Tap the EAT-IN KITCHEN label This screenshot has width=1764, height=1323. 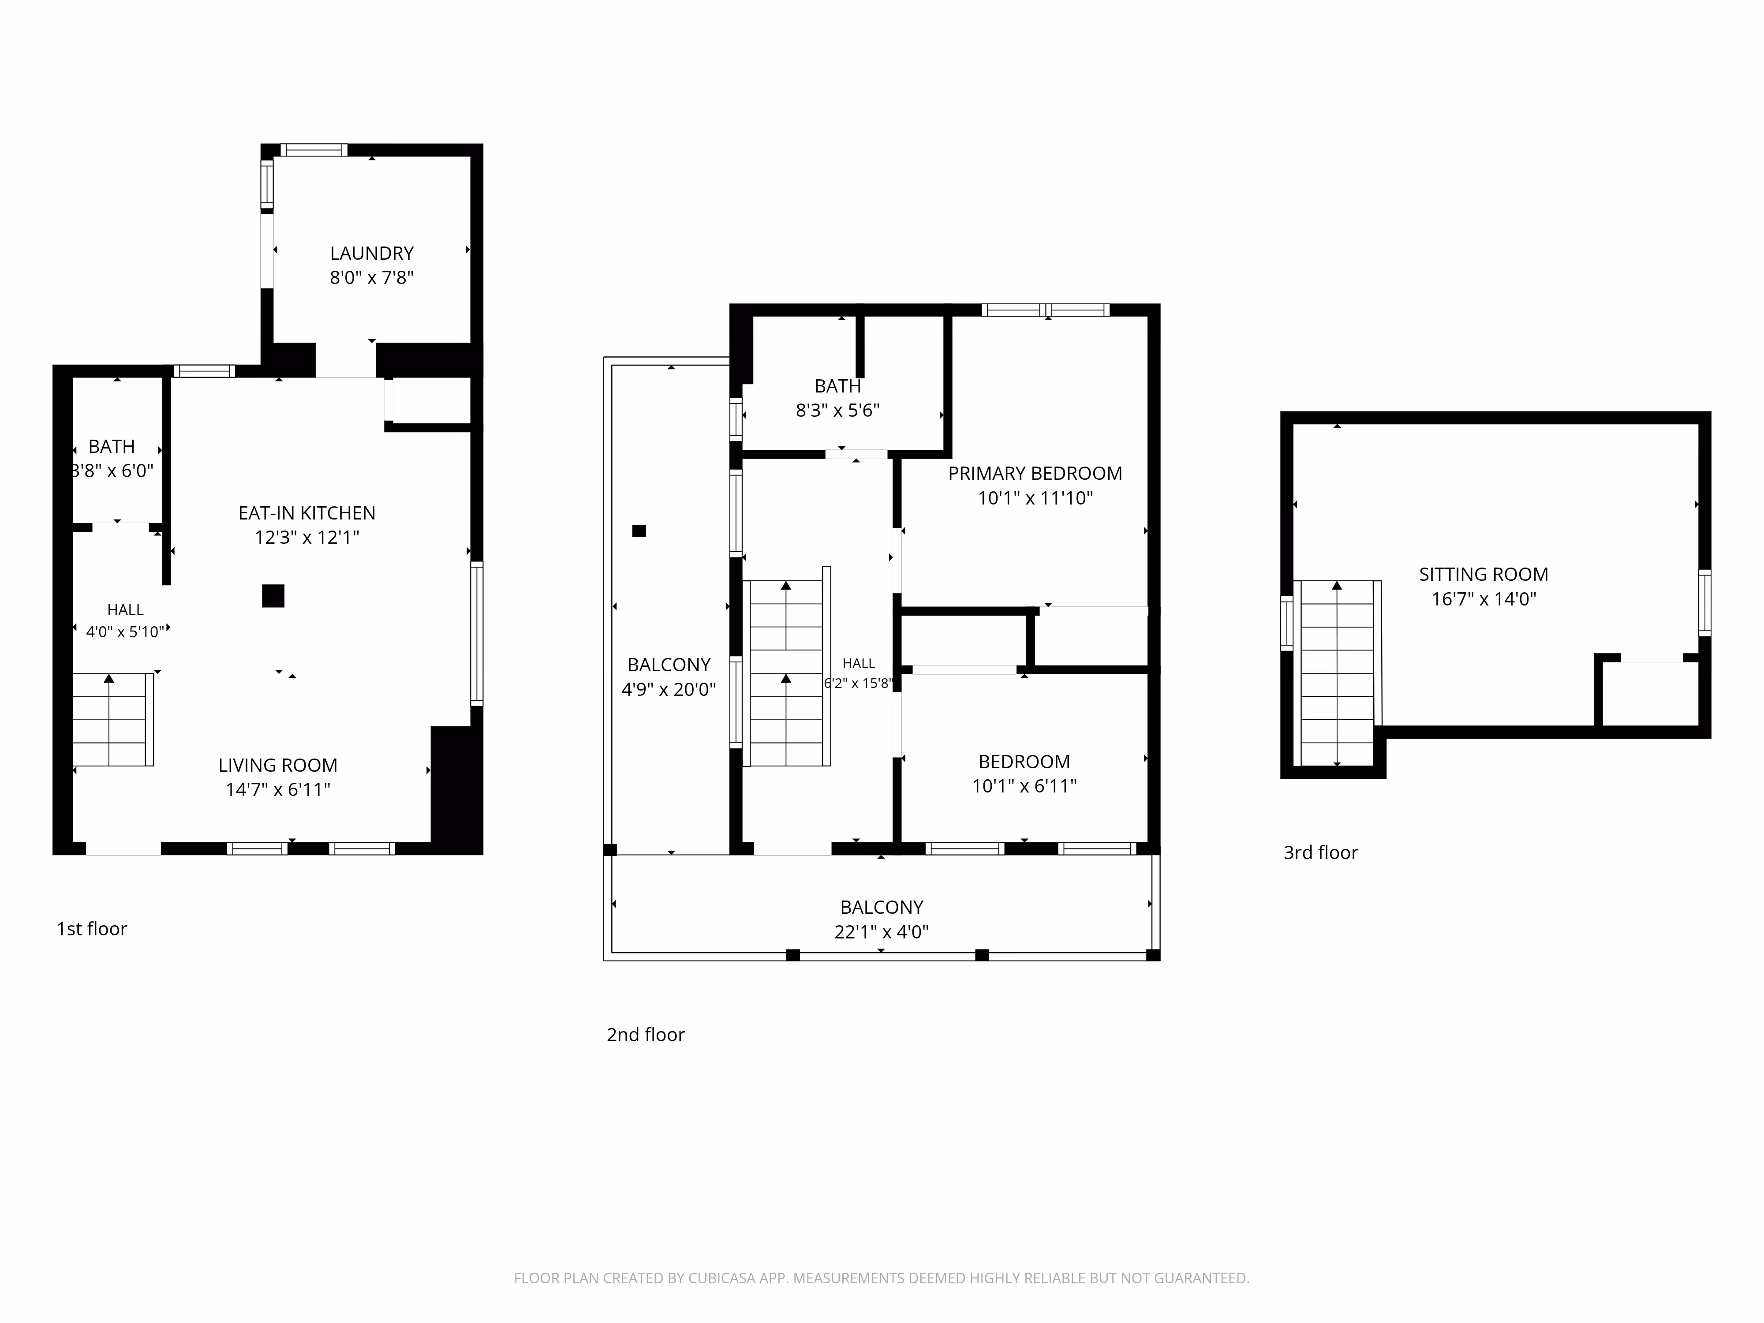[x=307, y=513]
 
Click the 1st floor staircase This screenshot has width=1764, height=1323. [x=112, y=719]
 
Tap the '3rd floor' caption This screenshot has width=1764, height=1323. [x=1321, y=852]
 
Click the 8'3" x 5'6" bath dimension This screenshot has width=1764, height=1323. [x=837, y=410]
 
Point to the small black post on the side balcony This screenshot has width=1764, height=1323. [x=639, y=531]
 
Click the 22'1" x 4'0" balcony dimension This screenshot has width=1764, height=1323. [x=881, y=931]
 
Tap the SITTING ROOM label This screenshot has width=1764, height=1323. [x=1483, y=574]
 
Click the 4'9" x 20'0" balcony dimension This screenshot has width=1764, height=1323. [x=668, y=689]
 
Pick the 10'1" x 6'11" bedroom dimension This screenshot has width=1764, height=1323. [x=1024, y=785]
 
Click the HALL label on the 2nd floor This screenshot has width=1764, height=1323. [x=859, y=664]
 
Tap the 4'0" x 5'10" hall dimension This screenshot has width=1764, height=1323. [x=125, y=632]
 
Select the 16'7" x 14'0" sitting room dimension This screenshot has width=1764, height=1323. [x=1483, y=599]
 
